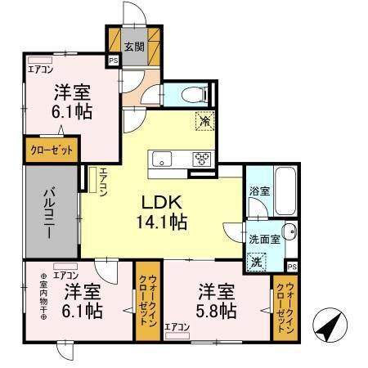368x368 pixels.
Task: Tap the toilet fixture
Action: (193, 93)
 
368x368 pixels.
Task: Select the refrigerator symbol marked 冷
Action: (204, 121)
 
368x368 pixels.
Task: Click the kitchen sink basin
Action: (160, 158)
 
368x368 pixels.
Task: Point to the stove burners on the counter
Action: (201, 158)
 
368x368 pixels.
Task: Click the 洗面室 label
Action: (265, 240)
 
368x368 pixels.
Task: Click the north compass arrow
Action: (328, 329)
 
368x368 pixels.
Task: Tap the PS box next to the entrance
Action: (113, 59)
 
